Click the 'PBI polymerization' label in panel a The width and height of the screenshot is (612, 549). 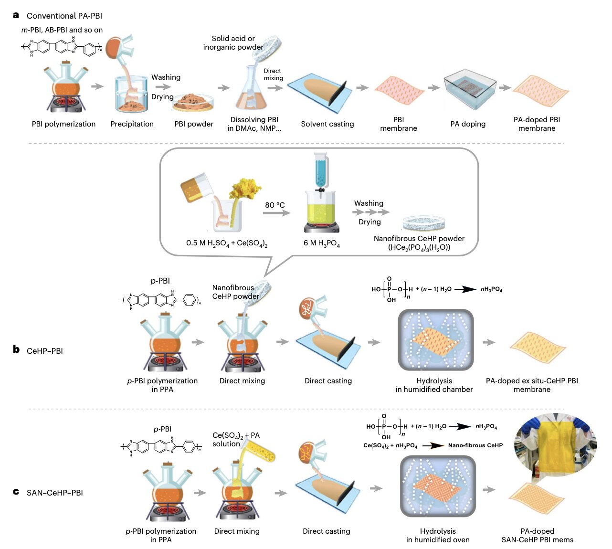(63, 124)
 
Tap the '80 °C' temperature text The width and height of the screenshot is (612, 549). (275, 205)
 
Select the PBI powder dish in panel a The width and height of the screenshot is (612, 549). (193, 101)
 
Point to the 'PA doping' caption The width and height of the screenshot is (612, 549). (468, 124)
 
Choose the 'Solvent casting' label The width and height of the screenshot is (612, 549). (327, 124)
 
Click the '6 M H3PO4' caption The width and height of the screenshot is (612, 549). (322, 243)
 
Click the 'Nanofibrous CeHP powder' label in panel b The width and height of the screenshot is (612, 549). (236, 292)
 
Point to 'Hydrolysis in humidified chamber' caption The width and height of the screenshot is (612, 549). (434, 385)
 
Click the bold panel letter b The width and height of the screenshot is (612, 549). (16, 350)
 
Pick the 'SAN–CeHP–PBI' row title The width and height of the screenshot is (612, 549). (54, 493)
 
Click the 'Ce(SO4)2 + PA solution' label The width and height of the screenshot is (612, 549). (236, 440)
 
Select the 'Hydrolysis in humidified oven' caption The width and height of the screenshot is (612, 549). (438, 536)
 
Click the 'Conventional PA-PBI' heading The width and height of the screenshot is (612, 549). (64, 16)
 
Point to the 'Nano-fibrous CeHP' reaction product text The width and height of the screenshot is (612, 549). (475, 445)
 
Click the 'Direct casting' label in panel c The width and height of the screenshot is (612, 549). (327, 531)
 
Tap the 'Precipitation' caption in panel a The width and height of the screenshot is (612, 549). (132, 124)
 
